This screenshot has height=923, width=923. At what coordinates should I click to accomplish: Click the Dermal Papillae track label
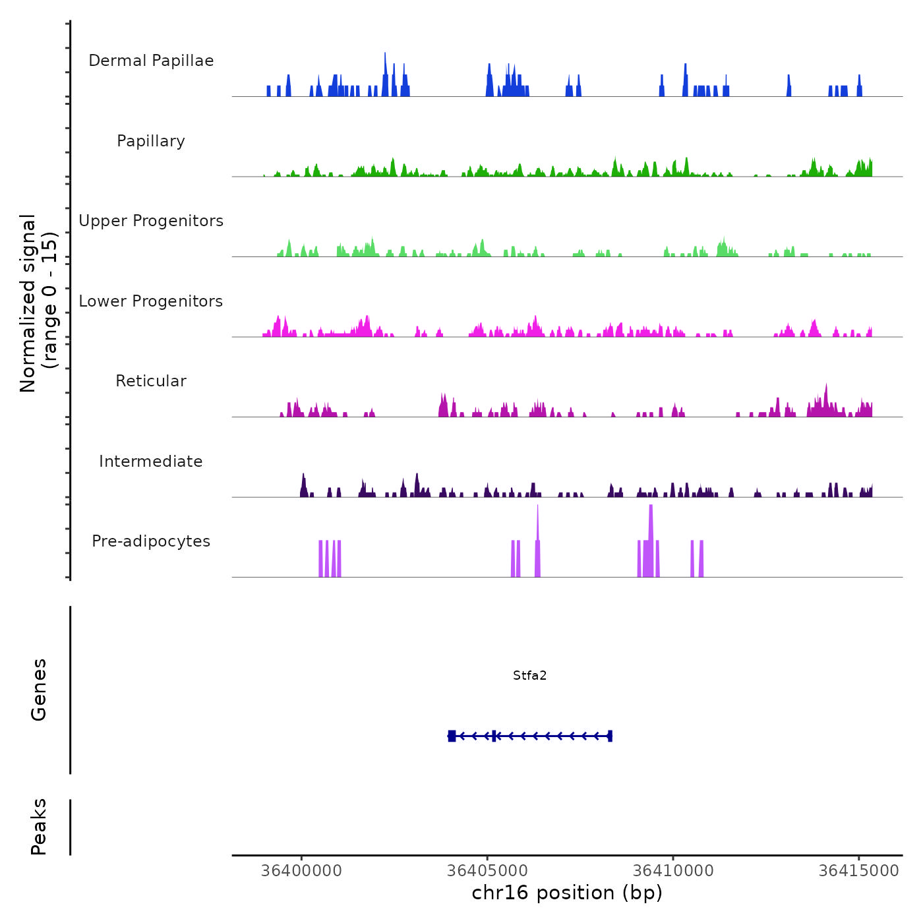151,61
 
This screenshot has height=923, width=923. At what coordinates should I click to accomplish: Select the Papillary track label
151,141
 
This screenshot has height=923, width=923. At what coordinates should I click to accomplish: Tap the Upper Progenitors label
151,221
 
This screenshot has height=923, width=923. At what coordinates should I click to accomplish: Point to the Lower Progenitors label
151,301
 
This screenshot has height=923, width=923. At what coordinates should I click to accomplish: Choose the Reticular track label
151,381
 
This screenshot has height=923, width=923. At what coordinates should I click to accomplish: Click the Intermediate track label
151,461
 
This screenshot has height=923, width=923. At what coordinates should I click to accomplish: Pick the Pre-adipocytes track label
151,541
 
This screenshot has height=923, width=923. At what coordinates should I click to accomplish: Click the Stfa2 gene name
530,676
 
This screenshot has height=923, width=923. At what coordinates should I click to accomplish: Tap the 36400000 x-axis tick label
302,871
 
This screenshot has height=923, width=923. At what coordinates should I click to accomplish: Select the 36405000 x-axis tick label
488,871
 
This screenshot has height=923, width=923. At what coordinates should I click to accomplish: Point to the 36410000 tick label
673,871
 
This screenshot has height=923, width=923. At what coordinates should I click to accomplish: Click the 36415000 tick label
859,871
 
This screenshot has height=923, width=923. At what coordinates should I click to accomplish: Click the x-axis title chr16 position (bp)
567,893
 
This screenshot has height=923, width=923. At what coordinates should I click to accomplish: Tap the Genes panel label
39,690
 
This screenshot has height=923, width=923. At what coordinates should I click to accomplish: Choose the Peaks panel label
39,827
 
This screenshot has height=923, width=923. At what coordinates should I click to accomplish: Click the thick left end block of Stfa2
452,736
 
